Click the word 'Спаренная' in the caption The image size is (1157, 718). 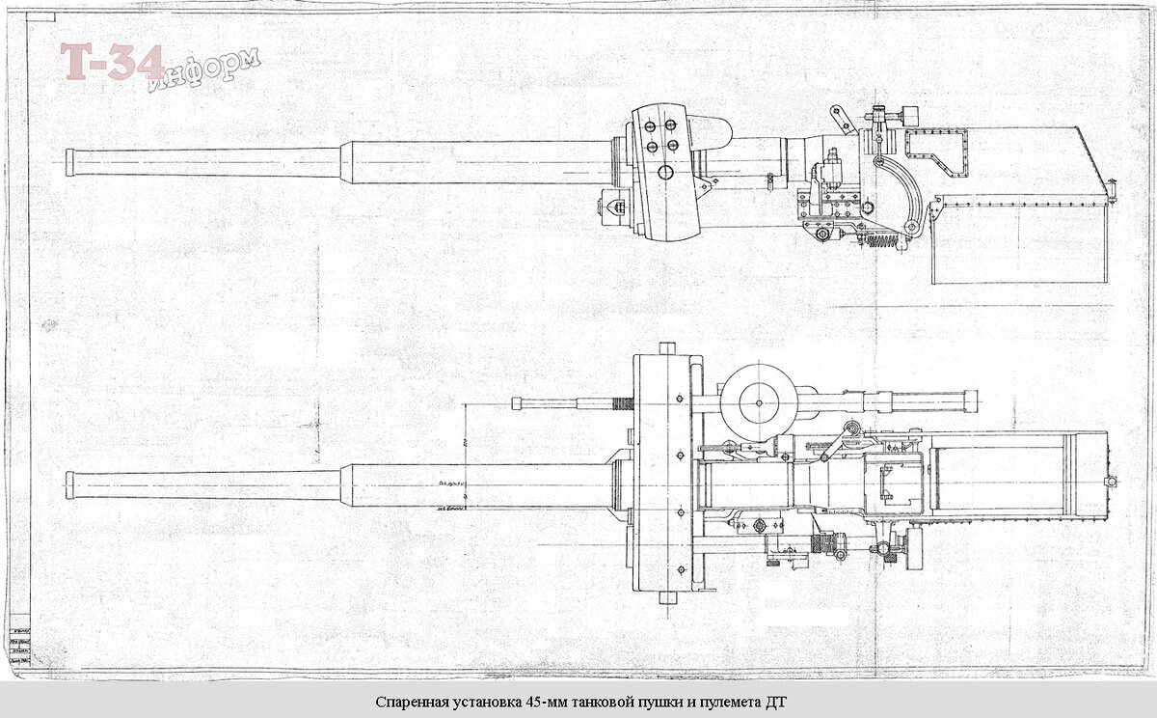[x=408, y=702]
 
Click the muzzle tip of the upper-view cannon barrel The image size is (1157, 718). [x=68, y=161]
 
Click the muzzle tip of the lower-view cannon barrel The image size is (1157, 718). [x=68, y=483]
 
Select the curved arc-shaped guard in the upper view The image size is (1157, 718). [x=901, y=193]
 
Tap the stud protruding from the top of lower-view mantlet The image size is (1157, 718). [x=663, y=347]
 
